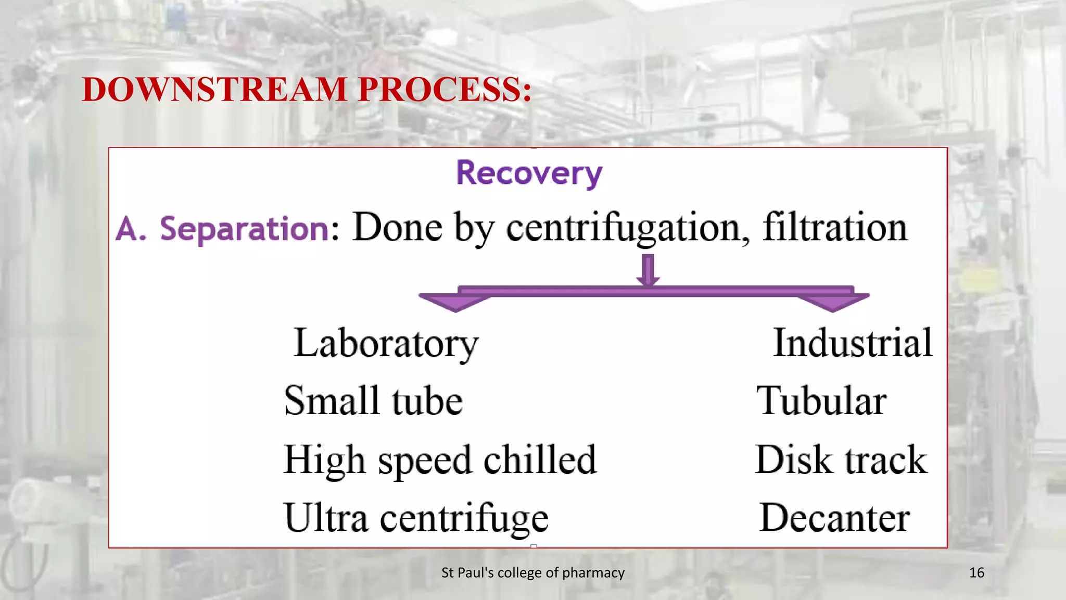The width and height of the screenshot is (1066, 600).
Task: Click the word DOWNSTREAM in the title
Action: click(x=214, y=89)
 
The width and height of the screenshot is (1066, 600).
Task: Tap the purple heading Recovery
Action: click(x=529, y=173)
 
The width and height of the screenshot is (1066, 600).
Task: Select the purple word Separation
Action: click(x=244, y=229)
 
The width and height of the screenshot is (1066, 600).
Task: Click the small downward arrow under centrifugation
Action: click(x=648, y=270)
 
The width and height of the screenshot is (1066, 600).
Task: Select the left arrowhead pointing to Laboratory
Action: click(x=454, y=302)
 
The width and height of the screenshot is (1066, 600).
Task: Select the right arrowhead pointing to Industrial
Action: click(x=833, y=302)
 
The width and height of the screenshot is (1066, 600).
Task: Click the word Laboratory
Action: click(x=386, y=344)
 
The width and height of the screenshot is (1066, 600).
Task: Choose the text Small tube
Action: click(x=373, y=401)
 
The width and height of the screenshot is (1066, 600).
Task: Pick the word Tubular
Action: click(x=821, y=401)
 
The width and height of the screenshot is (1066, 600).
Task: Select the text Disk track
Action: click(x=841, y=459)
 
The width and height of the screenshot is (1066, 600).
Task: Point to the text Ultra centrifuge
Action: click(x=415, y=518)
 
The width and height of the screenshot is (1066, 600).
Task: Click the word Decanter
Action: click(x=834, y=518)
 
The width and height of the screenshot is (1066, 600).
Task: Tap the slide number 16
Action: click(x=976, y=573)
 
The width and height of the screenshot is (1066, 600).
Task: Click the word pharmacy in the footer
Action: click(x=593, y=573)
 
